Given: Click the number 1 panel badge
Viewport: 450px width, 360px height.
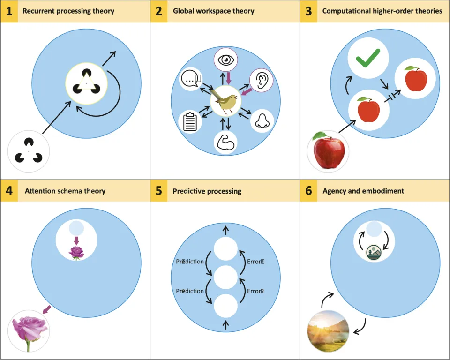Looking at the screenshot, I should pyautogui.click(x=9, y=11).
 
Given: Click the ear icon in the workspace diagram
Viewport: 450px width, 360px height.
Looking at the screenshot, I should pyautogui.click(x=261, y=80).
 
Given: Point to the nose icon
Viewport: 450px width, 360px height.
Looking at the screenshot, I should pyautogui.click(x=261, y=121).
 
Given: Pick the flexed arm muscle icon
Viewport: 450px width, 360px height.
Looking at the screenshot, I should pyautogui.click(x=225, y=142).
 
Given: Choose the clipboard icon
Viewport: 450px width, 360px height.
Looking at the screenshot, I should pyautogui.click(x=191, y=121).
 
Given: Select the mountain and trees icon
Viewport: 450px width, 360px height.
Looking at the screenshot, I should pyautogui.click(x=374, y=252).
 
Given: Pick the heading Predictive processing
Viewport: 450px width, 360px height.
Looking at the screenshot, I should pyautogui.click(x=207, y=191).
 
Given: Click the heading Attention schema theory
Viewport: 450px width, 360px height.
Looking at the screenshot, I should pyautogui.click(x=65, y=191).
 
